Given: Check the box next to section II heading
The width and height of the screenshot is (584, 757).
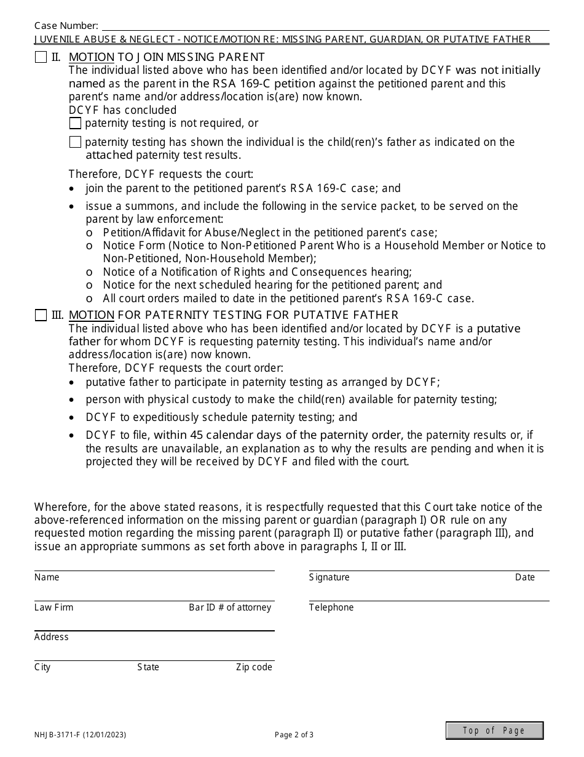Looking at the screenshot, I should tap(41, 58).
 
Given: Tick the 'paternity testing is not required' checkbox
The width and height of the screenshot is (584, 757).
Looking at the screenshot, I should tap(75, 124).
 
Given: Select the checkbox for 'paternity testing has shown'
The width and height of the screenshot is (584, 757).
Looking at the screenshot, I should tap(75, 142).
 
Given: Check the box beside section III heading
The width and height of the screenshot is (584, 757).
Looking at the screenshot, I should tap(41, 316).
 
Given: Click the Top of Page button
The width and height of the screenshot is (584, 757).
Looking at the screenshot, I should tap(494, 731).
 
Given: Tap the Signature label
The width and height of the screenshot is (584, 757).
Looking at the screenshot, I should tap(329, 577).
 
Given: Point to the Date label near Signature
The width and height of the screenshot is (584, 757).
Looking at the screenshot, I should tap(525, 577).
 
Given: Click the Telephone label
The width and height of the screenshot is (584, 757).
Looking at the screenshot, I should tap(331, 607).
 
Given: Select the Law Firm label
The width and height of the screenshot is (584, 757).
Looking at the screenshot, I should tap(53, 607).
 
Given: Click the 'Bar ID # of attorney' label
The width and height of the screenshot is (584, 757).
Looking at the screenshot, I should tap(230, 607).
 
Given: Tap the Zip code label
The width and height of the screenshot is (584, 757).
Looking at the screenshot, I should tap(254, 667).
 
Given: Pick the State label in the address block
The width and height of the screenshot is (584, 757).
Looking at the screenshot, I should tap(148, 667).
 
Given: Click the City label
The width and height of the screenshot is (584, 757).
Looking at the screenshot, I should tap(42, 667).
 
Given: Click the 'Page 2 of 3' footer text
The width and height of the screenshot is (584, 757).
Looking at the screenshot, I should tap(294, 734).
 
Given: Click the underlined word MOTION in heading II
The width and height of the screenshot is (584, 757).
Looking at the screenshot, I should tap(92, 58).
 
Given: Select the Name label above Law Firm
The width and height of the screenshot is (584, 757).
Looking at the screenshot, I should tap(47, 577).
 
